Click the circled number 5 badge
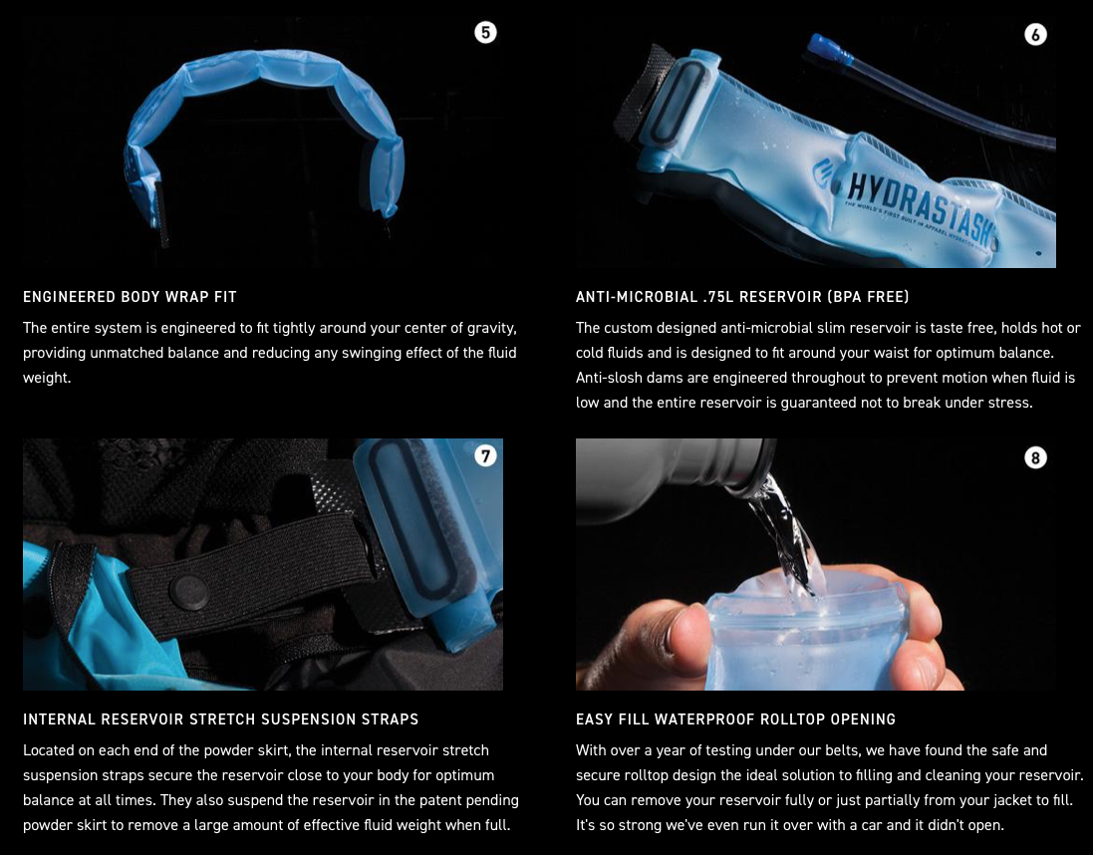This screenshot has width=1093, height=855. click(x=486, y=32)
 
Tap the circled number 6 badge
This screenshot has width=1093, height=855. click(x=1035, y=34)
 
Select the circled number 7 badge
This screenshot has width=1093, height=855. click(x=486, y=456)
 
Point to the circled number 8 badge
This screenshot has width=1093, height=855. click(x=1035, y=457)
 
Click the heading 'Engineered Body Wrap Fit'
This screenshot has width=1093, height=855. click(x=130, y=297)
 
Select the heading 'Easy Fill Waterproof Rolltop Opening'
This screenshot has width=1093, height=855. click(x=735, y=719)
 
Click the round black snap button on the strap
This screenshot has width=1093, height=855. click(x=189, y=592)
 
